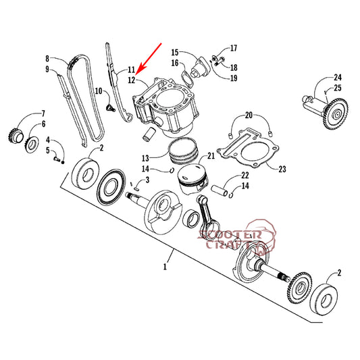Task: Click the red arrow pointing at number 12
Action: click(x=149, y=59)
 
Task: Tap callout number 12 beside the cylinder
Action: click(x=132, y=80)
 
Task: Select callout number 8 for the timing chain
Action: click(x=47, y=59)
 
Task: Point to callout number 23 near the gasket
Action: click(x=282, y=170)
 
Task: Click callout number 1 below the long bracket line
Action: click(x=165, y=267)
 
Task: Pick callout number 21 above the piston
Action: click(x=211, y=156)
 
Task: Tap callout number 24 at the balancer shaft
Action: click(x=338, y=78)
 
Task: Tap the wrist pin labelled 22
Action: click(x=219, y=190)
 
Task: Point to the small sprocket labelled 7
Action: click(x=16, y=136)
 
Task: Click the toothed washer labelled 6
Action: click(x=32, y=145)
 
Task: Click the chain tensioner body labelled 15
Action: click(x=199, y=68)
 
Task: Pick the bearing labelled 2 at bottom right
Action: click(x=324, y=301)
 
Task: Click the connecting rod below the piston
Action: click(x=209, y=217)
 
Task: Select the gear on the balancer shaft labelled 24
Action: click(x=336, y=113)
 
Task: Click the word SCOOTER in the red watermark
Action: click(x=230, y=234)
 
